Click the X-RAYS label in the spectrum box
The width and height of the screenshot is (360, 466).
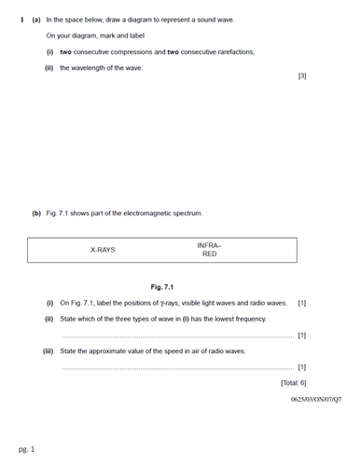103,250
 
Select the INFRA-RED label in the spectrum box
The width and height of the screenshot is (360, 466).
210,250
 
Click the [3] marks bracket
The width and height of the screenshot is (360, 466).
301,75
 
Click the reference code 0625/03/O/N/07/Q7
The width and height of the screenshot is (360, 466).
315,399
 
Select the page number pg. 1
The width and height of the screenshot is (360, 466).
26,449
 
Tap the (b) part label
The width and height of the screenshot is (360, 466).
36,213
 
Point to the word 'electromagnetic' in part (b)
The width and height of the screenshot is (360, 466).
151,213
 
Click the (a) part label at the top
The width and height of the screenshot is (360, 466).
36,19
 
